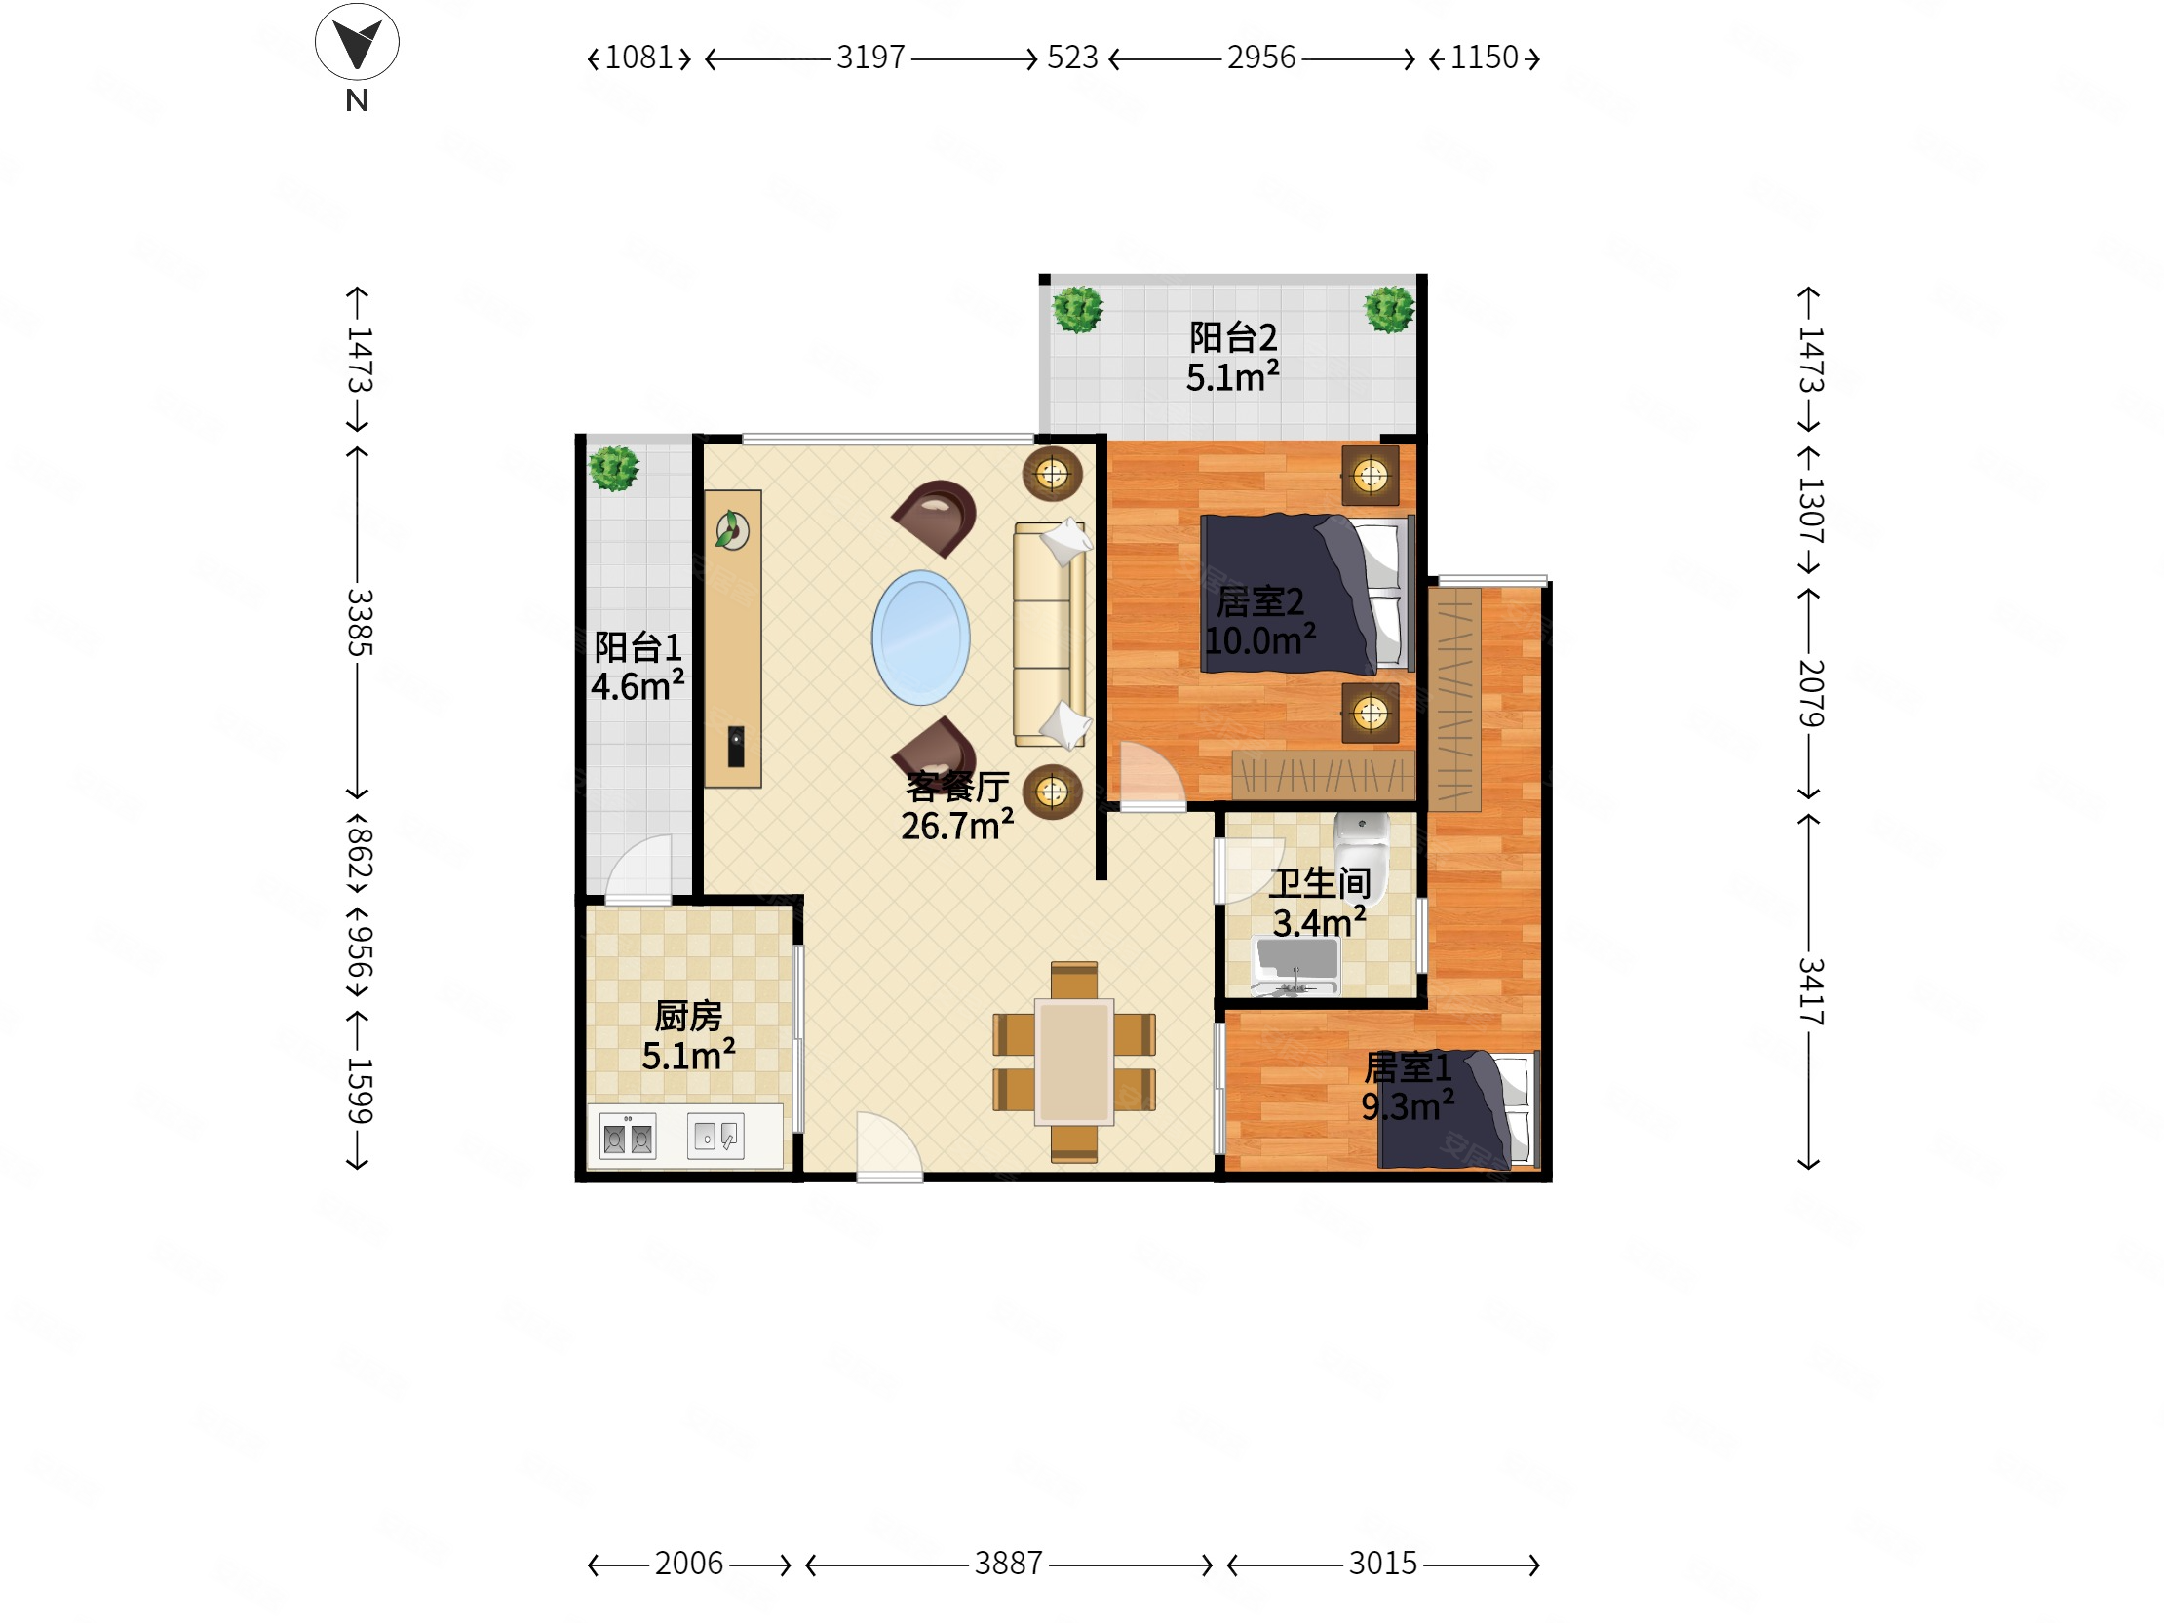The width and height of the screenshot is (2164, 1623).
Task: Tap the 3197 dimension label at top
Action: tap(870, 58)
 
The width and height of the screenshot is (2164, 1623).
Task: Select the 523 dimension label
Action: tap(1072, 58)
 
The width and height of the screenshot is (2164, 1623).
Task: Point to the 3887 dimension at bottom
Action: tap(1009, 1564)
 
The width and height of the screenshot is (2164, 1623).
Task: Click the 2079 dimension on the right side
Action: tap(1810, 693)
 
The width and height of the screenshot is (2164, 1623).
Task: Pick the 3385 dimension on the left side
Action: tap(359, 622)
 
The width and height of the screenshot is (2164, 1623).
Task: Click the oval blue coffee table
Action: tap(920, 638)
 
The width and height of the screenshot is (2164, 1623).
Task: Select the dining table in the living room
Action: tap(1074, 1061)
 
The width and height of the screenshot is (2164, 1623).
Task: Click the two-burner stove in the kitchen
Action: tap(628, 1137)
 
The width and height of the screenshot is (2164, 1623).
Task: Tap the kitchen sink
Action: tap(715, 1136)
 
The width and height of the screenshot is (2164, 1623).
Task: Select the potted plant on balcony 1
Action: tap(614, 469)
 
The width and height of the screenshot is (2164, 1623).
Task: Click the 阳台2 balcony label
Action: tap(1233, 337)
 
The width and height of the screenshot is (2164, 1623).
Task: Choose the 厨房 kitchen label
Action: tap(688, 1017)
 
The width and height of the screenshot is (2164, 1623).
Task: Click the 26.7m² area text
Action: tap(957, 826)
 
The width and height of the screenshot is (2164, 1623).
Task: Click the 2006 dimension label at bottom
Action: tap(689, 1564)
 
